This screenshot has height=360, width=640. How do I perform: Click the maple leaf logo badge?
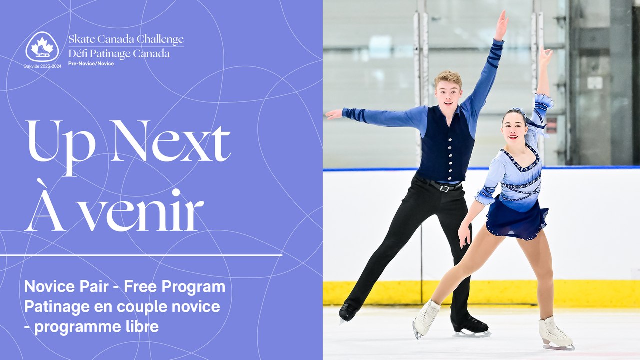(x=42, y=47)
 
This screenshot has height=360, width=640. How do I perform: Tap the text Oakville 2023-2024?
(x=42, y=66)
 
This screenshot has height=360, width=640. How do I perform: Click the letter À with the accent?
(x=45, y=205)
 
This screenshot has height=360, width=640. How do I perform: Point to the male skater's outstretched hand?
(x=333, y=114)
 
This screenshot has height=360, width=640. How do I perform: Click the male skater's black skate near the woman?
(x=470, y=326)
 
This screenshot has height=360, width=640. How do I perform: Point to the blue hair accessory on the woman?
(x=519, y=111)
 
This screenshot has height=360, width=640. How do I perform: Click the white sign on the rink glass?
(x=595, y=82)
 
